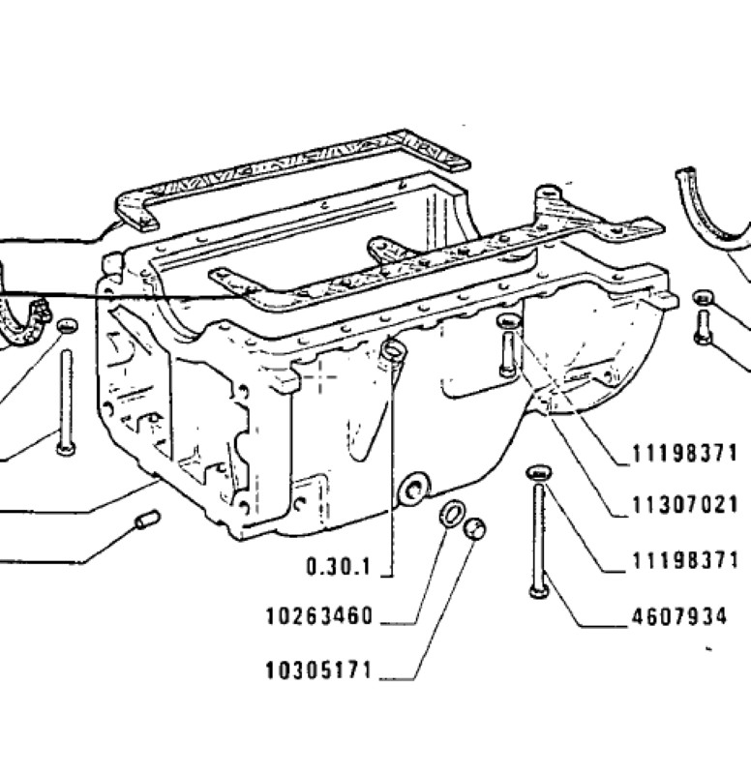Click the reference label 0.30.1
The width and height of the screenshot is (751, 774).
[x=338, y=566]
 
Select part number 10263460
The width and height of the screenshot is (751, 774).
[x=319, y=616]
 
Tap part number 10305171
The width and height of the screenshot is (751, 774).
[x=318, y=670]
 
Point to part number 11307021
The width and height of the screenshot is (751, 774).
[x=685, y=505]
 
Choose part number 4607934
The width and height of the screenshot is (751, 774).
[x=679, y=616]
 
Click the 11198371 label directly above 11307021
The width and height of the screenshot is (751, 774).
[x=685, y=453]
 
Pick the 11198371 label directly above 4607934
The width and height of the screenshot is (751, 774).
[x=685, y=561]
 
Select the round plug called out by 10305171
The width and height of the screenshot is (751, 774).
[x=474, y=528]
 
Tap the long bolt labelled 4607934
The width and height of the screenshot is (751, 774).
[x=538, y=541]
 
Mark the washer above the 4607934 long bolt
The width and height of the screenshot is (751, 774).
[x=539, y=472]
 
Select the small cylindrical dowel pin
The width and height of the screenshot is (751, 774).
[x=148, y=520]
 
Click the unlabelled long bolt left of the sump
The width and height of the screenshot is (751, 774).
[x=66, y=402]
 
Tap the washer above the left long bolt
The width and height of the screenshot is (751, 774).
[x=68, y=325]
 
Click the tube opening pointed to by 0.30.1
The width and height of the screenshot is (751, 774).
[x=394, y=350]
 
